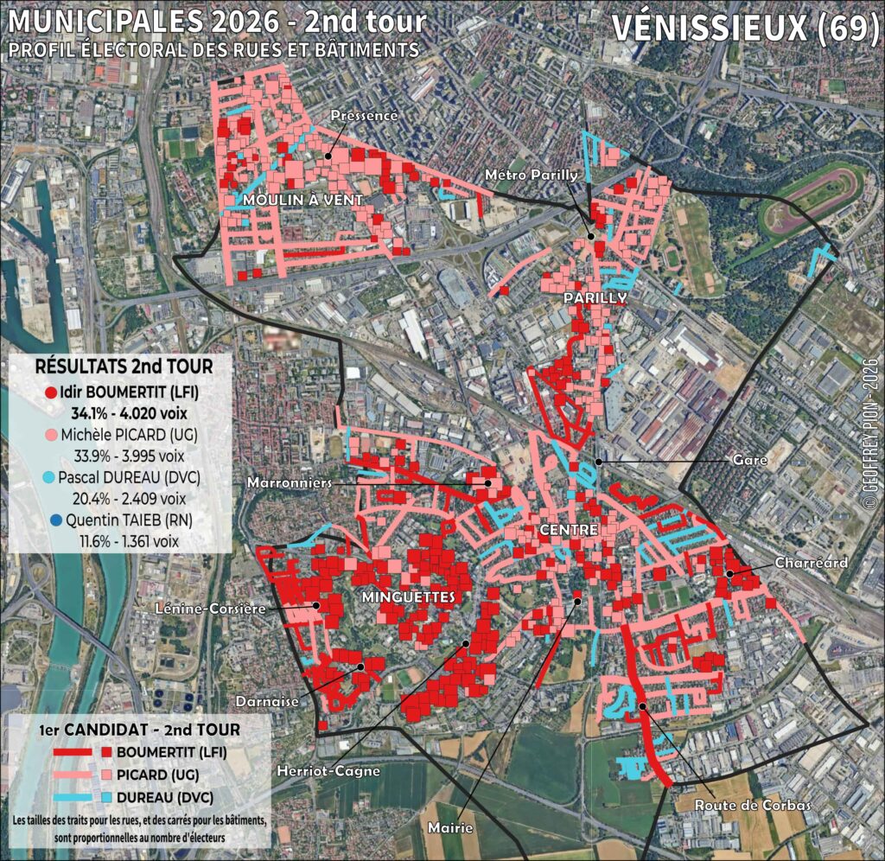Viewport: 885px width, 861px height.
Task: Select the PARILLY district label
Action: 595,297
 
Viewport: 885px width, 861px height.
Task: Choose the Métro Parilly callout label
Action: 531,175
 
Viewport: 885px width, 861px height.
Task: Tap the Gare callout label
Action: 749,461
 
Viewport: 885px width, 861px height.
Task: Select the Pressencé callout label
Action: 364,116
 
